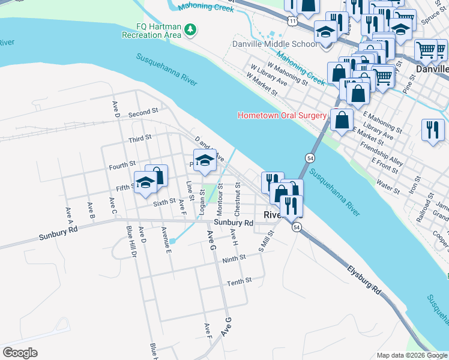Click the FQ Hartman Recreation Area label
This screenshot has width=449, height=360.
click(x=151, y=31)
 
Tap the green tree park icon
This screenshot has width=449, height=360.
click(x=190, y=29)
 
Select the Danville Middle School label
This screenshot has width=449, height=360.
click(x=275, y=44)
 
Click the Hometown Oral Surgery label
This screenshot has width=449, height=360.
click(x=282, y=115)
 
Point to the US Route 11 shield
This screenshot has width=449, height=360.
click(x=292, y=20)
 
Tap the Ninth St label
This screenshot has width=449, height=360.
click(x=234, y=258)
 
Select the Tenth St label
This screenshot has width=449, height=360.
click(x=238, y=281)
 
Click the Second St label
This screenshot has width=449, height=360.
click(x=143, y=112)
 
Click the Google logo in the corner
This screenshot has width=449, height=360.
click(x=20, y=352)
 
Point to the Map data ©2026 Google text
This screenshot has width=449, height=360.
click(x=412, y=355)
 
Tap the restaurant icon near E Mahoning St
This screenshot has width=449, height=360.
click(x=432, y=129)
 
